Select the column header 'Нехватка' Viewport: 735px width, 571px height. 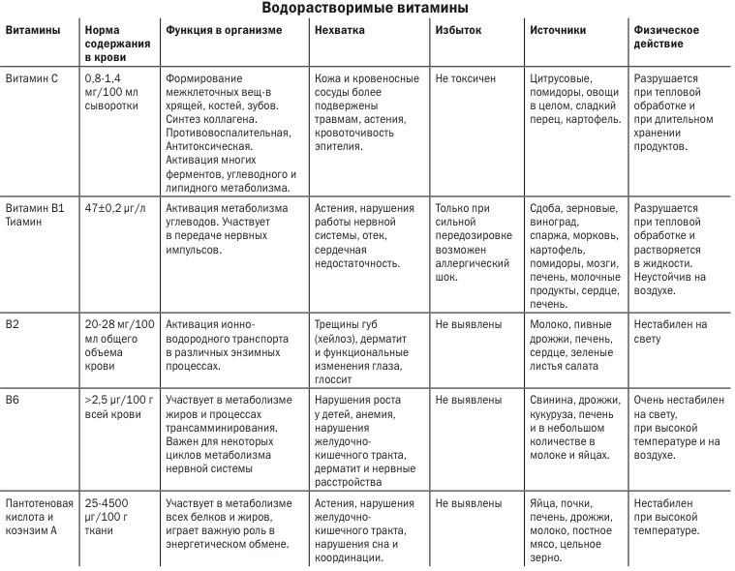point(341,30)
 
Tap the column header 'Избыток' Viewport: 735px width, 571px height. point(458,30)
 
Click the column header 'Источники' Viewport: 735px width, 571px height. point(558,30)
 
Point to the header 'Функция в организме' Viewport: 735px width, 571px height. point(224,30)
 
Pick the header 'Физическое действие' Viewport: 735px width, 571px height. point(666,37)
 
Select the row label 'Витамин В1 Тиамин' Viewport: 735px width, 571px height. point(34,215)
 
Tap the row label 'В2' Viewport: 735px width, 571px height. point(14,324)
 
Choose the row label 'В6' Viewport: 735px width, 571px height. point(14,399)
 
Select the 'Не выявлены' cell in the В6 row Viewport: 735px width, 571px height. point(469,399)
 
